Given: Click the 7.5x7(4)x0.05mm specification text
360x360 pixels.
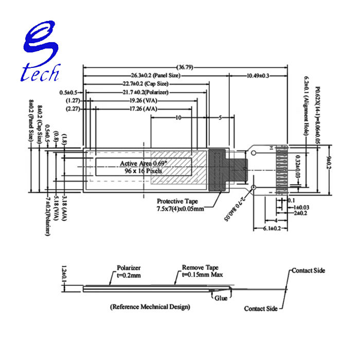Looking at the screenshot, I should [181, 209].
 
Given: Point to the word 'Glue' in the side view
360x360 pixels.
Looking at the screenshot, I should [222, 298].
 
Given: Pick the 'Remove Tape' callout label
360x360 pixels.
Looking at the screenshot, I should [200, 268].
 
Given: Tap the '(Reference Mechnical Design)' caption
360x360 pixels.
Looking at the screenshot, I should [150, 307].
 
